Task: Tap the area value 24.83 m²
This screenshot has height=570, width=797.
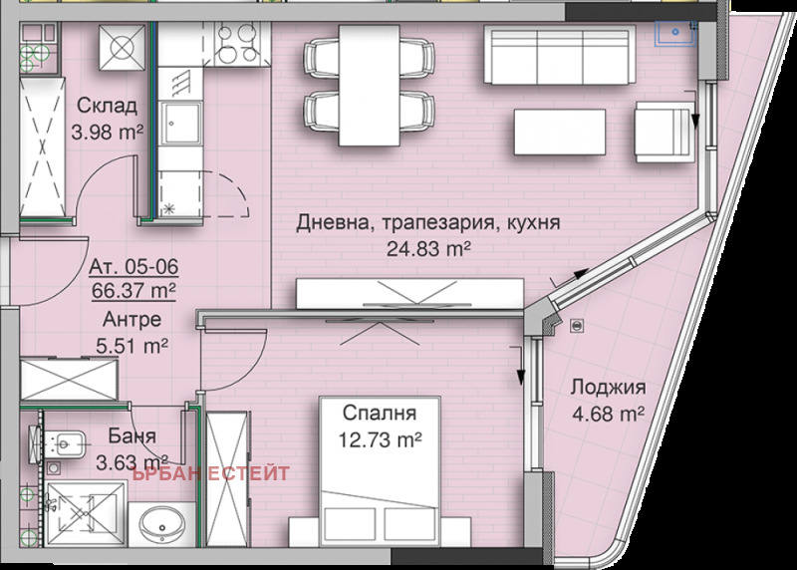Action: click(429, 247)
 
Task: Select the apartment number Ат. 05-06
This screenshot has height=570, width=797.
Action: click(132, 267)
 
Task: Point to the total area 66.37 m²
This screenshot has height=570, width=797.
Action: click(133, 290)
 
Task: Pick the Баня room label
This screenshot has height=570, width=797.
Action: click(130, 436)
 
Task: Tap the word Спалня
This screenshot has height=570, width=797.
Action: click(379, 412)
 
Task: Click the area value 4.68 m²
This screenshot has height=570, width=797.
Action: click(608, 412)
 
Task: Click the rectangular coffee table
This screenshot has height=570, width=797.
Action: click(559, 131)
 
